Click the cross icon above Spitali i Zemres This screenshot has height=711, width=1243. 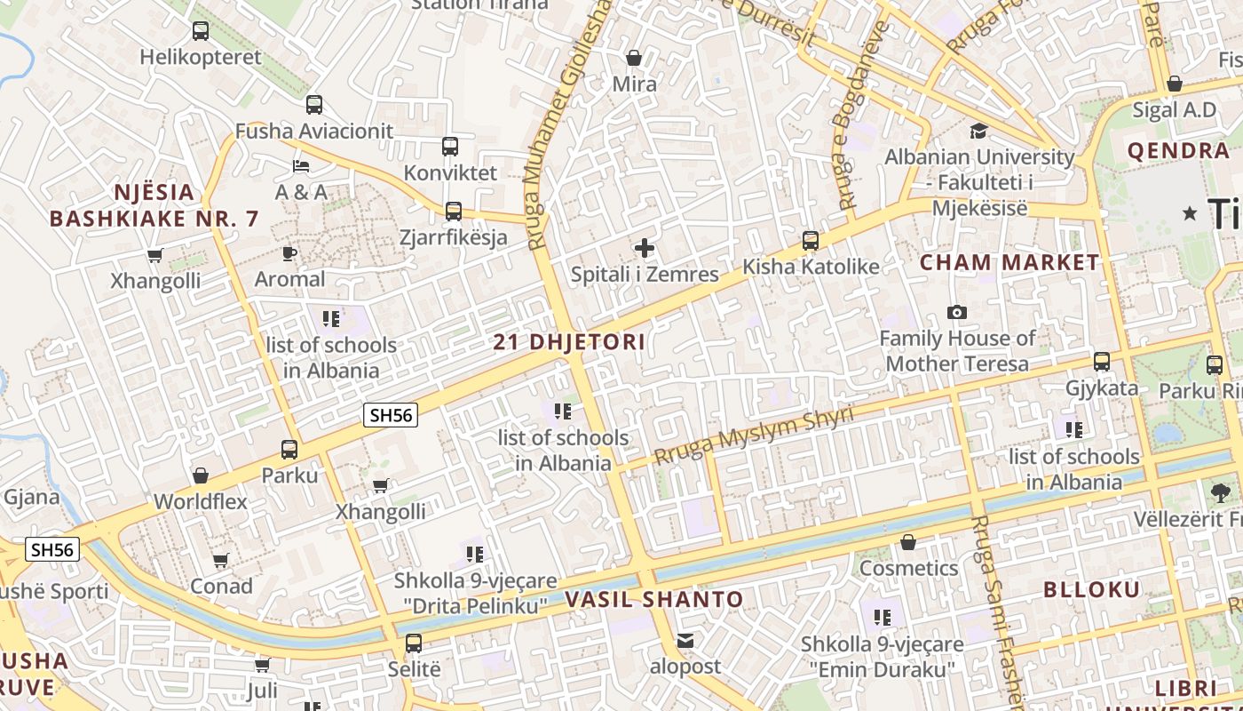coord(645,248)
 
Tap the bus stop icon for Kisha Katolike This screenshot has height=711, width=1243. coord(810,241)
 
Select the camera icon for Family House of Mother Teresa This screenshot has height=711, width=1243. coord(957,312)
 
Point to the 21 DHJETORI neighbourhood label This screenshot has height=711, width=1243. coord(569,342)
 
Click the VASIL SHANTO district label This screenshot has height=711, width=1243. coord(654,600)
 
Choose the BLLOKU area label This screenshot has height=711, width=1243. coord(1091,590)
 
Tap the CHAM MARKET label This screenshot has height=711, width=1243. coord(1009,263)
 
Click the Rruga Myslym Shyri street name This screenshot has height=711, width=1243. coord(754,435)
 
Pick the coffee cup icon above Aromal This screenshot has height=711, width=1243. coord(289,253)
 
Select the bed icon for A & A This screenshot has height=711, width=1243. coord(301,166)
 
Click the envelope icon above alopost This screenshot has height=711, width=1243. coord(685,640)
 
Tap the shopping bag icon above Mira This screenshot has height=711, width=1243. coord(634,59)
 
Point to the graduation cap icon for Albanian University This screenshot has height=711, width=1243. coord(978,132)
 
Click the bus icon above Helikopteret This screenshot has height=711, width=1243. coord(201,31)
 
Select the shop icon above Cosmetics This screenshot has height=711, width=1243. coord(908,542)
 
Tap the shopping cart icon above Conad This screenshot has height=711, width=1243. coord(221,561)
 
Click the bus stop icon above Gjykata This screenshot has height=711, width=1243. coord(1102,362)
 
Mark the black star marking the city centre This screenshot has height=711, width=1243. coord(1190,213)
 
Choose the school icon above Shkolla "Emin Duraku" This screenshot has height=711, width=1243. coord(882,617)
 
